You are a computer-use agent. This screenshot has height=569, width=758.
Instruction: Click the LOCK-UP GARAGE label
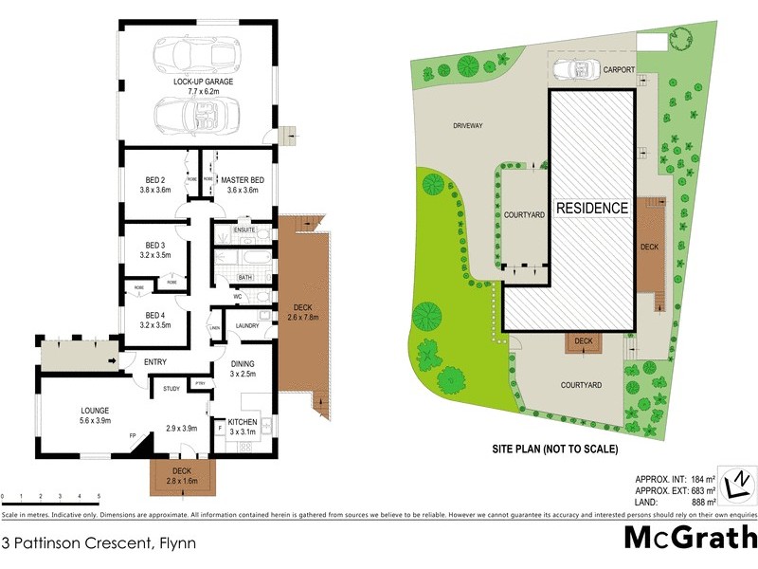point(203,83)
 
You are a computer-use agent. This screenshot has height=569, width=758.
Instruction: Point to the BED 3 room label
point(156,246)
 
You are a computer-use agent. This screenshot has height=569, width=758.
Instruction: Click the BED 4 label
point(156,315)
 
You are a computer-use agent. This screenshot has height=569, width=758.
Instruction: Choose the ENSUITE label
point(244,230)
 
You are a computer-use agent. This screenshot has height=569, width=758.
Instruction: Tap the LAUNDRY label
point(248,325)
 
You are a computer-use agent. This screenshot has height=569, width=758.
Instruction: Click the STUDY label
point(171,388)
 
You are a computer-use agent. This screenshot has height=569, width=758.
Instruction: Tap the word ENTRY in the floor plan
point(155,362)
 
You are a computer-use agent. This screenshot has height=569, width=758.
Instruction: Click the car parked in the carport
point(575,69)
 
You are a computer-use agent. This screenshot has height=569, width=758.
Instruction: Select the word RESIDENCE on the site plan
point(591,208)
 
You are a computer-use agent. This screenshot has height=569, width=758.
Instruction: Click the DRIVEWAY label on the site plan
point(467,125)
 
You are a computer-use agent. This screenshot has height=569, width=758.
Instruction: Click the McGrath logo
point(689,539)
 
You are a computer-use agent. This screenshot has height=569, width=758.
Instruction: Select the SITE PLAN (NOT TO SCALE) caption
point(554,449)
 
